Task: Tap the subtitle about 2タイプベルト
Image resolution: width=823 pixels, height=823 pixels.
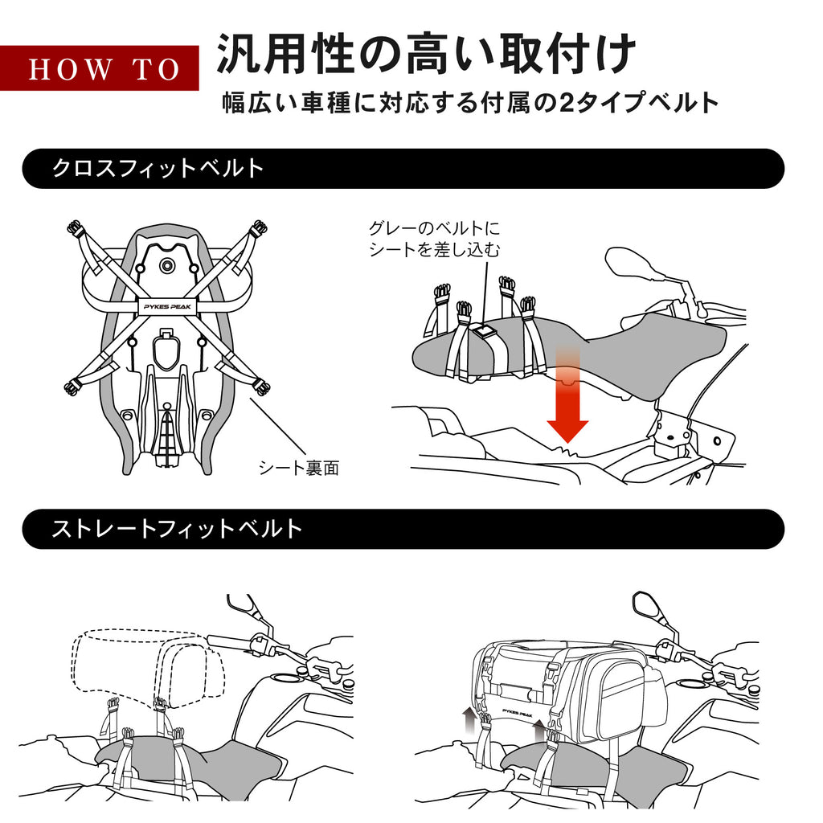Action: tap(469, 103)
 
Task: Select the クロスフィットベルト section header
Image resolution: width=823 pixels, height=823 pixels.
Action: tap(158, 168)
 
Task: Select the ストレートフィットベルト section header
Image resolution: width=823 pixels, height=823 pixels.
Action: tap(177, 528)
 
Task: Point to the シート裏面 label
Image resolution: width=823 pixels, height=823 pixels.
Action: tap(298, 468)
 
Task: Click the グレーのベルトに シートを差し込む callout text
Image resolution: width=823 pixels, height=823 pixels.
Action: tap(434, 239)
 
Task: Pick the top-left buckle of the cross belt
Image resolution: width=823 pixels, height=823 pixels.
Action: tap(76, 229)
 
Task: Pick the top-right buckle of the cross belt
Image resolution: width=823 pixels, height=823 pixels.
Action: tap(258, 229)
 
